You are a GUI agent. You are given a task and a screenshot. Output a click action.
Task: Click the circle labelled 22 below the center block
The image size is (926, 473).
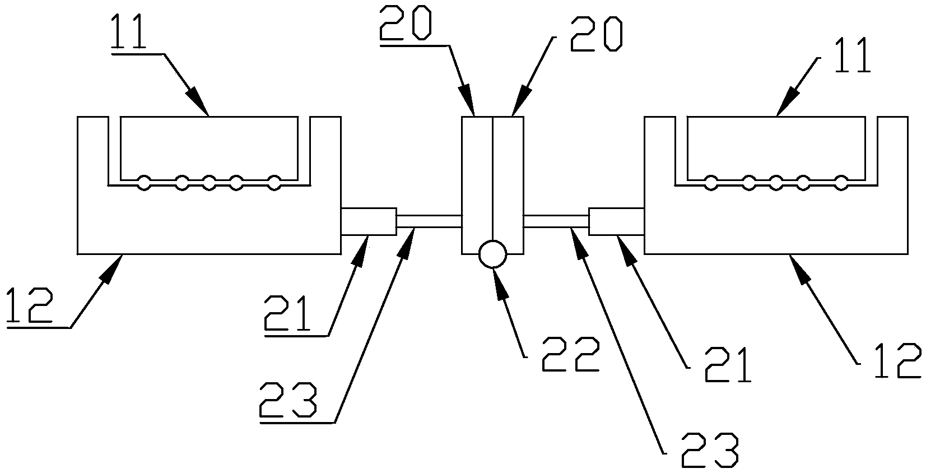click(x=492, y=255)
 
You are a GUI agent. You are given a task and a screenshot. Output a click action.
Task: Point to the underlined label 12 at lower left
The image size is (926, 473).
click(x=30, y=305)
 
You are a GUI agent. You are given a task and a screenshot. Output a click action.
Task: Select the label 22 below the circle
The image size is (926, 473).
click(x=570, y=355)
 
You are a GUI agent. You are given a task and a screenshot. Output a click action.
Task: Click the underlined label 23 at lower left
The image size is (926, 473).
click(x=288, y=399)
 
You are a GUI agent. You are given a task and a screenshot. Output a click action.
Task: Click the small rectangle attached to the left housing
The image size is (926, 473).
click(x=368, y=221)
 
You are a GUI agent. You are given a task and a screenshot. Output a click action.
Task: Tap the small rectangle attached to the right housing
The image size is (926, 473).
click(x=616, y=221)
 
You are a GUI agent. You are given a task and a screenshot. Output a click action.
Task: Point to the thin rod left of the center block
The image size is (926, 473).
click(x=429, y=221)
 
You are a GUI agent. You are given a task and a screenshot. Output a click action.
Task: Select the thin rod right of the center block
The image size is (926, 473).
click(x=556, y=221)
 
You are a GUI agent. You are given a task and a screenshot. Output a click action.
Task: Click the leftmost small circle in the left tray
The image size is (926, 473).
click(x=144, y=183)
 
